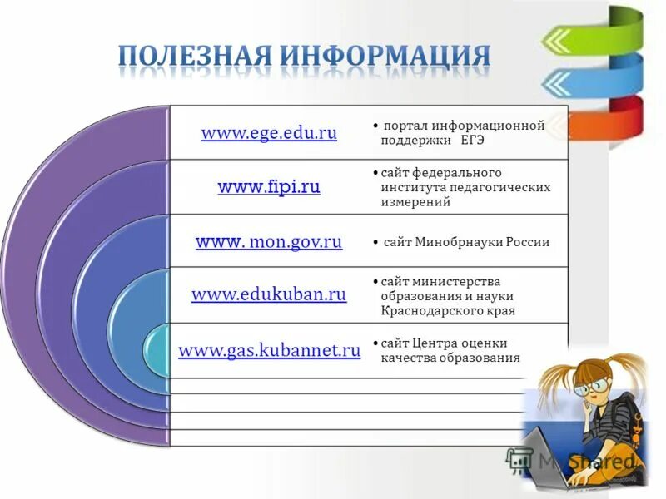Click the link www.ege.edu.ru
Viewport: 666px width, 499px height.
pyautogui.click(x=269, y=134)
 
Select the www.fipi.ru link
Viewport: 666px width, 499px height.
pyautogui.click(x=269, y=187)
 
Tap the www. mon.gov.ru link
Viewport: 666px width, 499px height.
pyautogui.click(x=269, y=242)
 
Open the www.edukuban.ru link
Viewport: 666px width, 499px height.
pyautogui.click(x=269, y=294)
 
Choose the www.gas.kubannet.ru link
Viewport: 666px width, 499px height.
pyautogui.click(x=269, y=351)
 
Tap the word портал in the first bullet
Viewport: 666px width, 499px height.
pyautogui.click(x=404, y=126)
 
